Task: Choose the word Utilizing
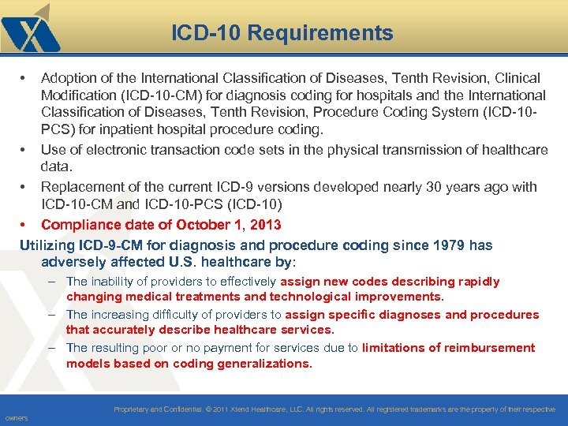pos(47,245)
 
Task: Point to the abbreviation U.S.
pos(203,261)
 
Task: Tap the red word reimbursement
pos(489,348)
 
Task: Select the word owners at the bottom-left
pos(16,417)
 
